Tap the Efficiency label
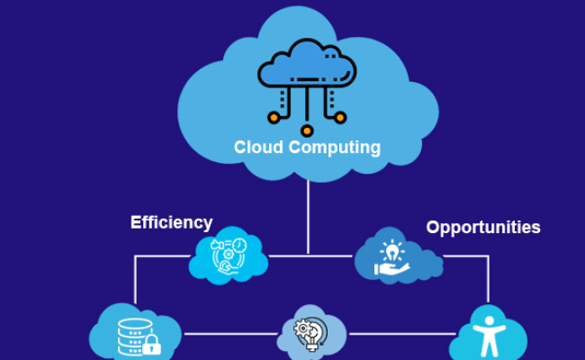pos(171,222)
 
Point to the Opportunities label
pos(483,227)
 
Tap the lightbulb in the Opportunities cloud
pos(394,249)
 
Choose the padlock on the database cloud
pos(151,345)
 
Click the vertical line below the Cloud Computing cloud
pos(308,216)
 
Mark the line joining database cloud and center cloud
pos(229,334)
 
